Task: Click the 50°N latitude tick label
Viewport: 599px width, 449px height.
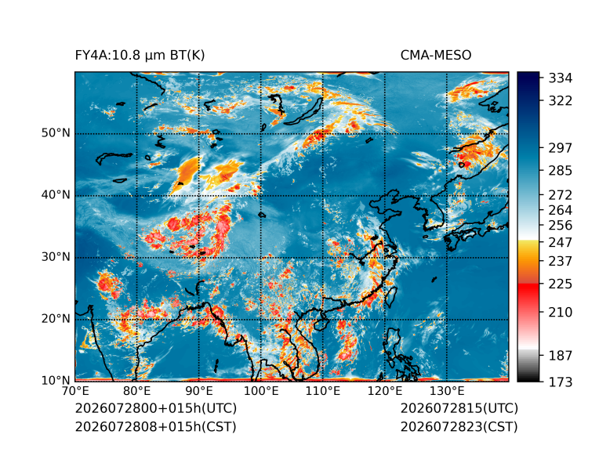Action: pos(56,133)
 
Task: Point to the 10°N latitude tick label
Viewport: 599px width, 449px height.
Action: pos(56,381)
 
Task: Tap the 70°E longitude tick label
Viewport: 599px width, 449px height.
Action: pos(75,391)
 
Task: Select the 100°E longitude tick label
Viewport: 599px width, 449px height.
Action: pos(261,391)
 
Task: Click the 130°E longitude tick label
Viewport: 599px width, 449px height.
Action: pos(447,391)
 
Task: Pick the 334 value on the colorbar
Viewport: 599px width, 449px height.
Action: pos(561,78)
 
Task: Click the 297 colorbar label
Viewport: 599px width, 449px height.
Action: pos(561,148)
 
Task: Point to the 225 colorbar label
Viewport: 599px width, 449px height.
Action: pos(561,284)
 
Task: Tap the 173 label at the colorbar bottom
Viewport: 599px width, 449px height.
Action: pos(561,382)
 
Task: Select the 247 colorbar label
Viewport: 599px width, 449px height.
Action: pos(561,242)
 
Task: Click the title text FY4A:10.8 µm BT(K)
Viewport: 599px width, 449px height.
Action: pos(140,56)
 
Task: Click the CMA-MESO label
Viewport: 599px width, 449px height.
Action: pos(436,56)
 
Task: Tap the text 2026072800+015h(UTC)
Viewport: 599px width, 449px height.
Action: pos(156,408)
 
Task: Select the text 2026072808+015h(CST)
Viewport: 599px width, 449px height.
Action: pos(155,427)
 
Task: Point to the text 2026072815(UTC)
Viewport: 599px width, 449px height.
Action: pos(459,408)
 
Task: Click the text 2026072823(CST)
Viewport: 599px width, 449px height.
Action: pos(459,427)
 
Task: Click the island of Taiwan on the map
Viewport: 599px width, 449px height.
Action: pos(391,297)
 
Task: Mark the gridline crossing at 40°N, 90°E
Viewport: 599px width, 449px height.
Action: pos(199,196)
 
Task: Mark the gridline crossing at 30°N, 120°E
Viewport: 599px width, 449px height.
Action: pos(385,258)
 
